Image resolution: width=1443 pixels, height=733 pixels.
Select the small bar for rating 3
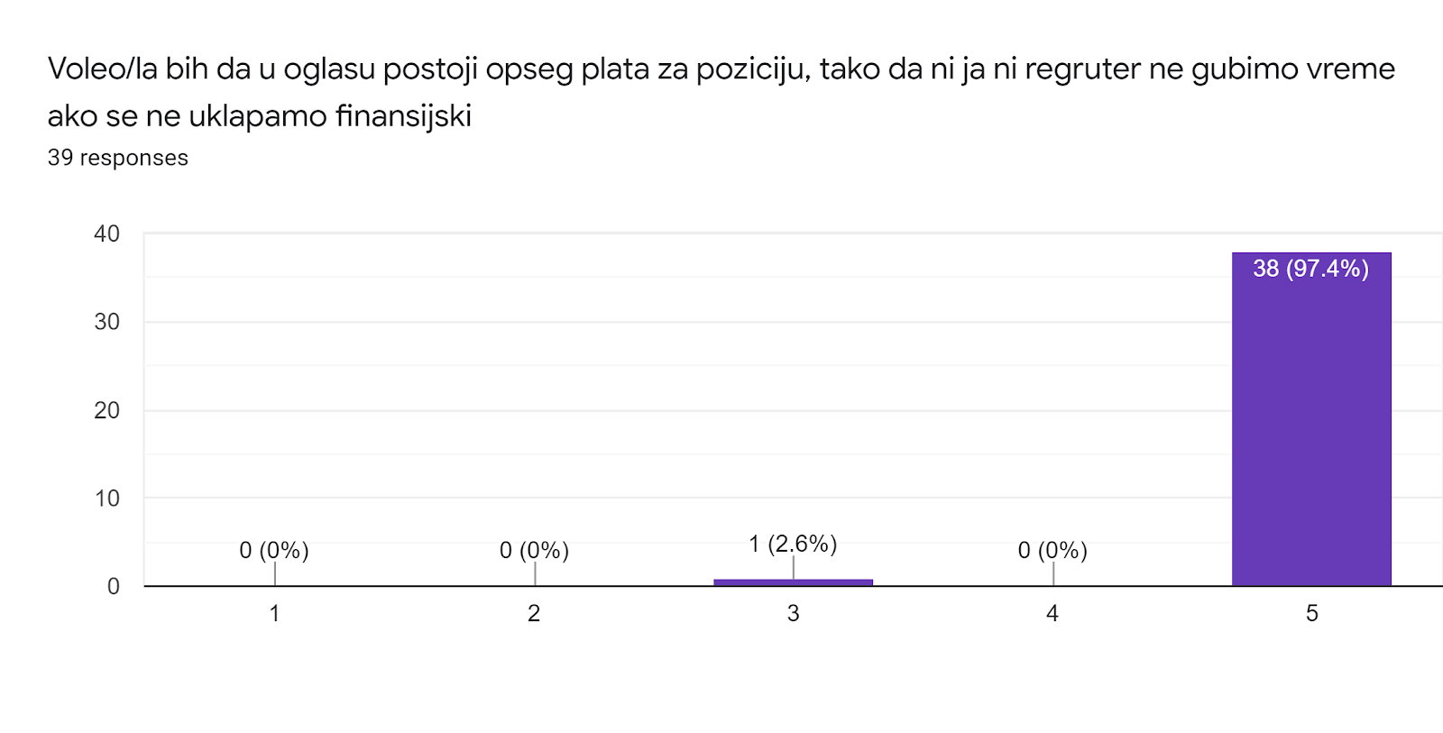click(793, 582)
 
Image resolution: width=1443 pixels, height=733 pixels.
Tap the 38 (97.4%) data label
click(1310, 269)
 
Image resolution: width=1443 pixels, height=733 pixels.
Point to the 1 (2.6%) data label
click(793, 544)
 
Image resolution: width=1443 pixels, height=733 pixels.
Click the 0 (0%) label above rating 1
click(274, 550)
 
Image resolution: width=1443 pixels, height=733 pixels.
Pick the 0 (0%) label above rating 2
click(534, 550)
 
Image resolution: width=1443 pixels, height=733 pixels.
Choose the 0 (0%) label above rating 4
click(1052, 550)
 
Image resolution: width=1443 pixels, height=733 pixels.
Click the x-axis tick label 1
click(274, 613)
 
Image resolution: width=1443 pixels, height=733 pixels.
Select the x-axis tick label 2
click(534, 613)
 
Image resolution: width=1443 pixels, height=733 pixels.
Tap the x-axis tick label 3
click(793, 613)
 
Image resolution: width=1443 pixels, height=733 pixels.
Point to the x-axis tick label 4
click(1052, 613)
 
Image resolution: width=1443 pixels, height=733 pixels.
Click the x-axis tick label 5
click(1311, 613)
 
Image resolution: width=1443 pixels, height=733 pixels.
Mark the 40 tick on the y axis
click(106, 234)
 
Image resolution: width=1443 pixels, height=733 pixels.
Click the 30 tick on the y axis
click(106, 322)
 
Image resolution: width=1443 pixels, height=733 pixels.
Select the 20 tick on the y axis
click(106, 410)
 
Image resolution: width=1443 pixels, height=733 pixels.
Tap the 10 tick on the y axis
click(106, 499)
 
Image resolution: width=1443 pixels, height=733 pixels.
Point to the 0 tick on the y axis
click(113, 587)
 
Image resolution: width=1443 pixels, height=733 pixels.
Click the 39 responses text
click(117, 158)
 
